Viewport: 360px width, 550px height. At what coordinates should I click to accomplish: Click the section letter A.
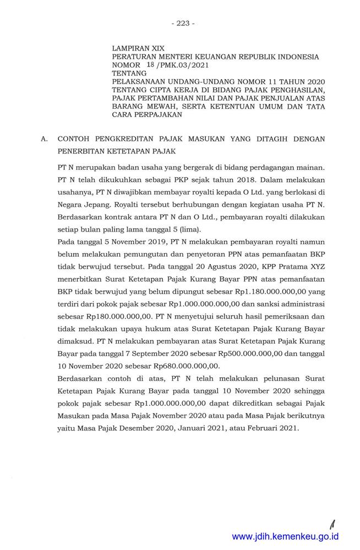point(45,140)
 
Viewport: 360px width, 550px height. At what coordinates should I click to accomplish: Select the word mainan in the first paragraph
point(310,166)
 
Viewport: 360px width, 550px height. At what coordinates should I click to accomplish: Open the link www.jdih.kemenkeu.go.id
point(285,536)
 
